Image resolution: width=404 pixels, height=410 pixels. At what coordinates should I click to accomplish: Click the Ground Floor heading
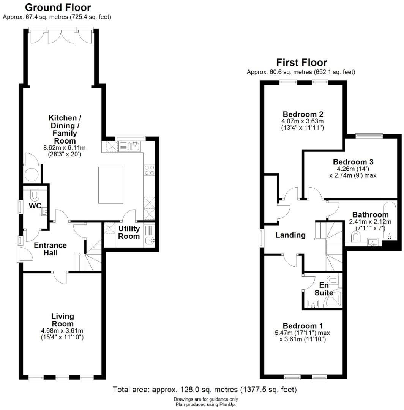click(x=58, y=7)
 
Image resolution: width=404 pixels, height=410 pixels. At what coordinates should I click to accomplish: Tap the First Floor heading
click(x=301, y=62)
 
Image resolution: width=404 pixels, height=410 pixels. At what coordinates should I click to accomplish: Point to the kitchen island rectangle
click(x=111, y=185)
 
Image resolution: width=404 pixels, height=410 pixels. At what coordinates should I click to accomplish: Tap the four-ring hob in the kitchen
click(x=148, y=170)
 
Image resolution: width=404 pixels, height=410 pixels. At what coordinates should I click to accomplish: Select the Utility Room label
click(x=129, y=232)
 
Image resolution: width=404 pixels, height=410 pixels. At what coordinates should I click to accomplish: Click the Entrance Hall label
click(x=50, y=249)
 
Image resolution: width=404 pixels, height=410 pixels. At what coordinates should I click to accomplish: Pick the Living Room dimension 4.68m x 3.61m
click(x=62, y=330)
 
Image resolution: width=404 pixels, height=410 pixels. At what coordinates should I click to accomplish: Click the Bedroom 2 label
click(x=303, y=114)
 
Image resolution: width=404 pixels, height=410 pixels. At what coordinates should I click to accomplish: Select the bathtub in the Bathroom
click(x=389, y=220)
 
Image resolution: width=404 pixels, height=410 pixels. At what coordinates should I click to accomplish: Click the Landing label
click(x=290, y=235)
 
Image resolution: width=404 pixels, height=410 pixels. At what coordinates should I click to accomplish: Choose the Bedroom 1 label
click(x=303, y=326)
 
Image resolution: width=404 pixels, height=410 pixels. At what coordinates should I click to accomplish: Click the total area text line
click(x=205, y=389)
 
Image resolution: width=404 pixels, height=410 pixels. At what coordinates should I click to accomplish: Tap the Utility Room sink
click(x=149, y=240)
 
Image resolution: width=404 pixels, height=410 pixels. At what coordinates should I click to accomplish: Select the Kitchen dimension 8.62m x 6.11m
click(x=62, y=148)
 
